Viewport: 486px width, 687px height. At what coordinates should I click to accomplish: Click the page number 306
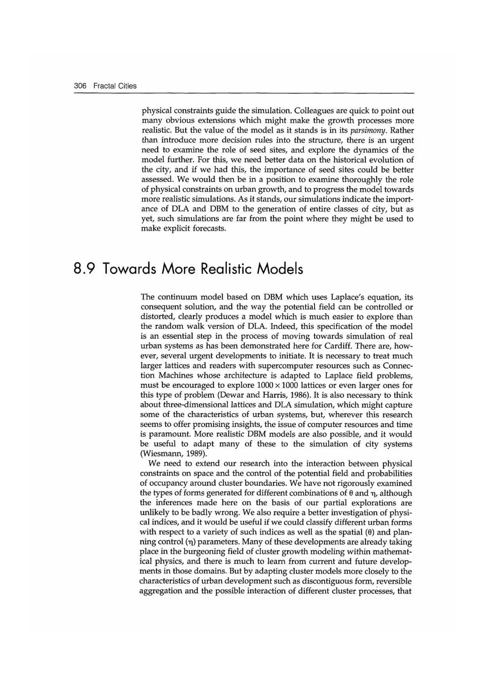[80, 86]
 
